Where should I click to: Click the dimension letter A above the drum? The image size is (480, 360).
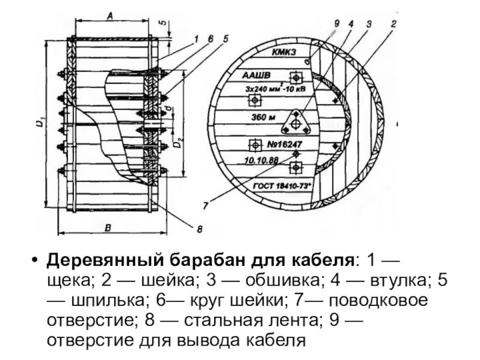(110, 17)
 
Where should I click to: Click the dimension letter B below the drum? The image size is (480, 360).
(108, 227)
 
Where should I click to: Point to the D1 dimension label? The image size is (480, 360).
(38, 124)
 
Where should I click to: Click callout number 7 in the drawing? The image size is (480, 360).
(206, 206)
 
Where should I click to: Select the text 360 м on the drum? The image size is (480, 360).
(263, 116)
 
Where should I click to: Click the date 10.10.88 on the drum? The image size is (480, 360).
(262, 160)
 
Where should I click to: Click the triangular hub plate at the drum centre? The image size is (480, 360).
(295, 122)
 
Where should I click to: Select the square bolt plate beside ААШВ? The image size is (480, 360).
(295, 77)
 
